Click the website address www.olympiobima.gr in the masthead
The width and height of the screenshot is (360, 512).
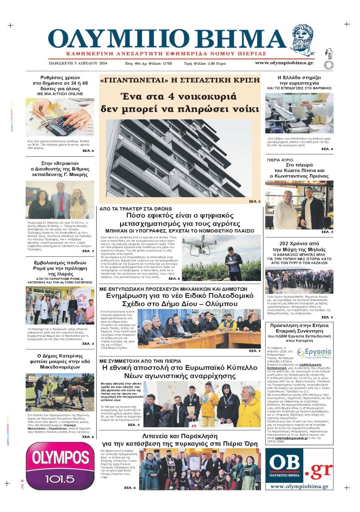[x=284, y=63]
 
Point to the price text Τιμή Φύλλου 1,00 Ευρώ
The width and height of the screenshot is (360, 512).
[x=205, y=63]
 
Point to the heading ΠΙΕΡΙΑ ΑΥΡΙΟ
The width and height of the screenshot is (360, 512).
[x=280, y=159]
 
